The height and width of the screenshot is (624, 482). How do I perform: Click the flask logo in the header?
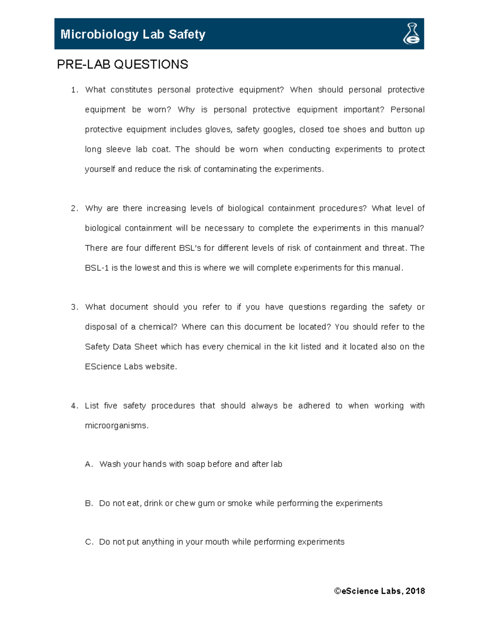pyautogui.click(x=411, y=34)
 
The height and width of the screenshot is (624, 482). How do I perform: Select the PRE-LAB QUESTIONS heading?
pyautogui.click(x=123, y=64)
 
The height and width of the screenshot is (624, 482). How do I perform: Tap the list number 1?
pyautogui.click(x=74, y=90)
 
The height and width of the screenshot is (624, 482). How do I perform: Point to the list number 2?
pyautogui.click(x=74, y=209)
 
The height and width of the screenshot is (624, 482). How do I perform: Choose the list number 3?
pyautogui.click(x=74, y=307)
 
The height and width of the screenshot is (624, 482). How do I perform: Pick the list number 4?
pyautogui.click(x=74, y=406)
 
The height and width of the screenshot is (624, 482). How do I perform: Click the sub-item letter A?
pyautogui.click(x=88, y=464)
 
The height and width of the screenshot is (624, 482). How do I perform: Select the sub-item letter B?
pyautogui.click(x=88, y=503)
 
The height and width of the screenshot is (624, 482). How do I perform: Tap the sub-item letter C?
pyautogui.click(x=88, y=542)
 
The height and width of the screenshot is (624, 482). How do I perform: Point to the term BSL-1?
pyautogui.click(x=97, y=268)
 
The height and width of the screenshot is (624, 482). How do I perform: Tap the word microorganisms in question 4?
pyautogui.click(x=116, y=426)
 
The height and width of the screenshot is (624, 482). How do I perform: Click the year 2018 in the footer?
pyautogui.click(x=415, y=591)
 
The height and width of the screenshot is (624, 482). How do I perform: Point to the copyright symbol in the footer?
pyautogui.click(x=337, y=591)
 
